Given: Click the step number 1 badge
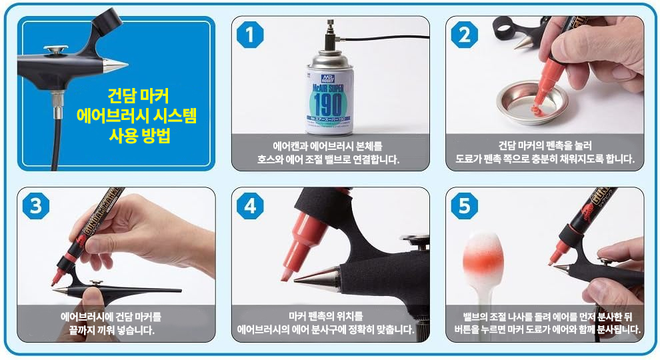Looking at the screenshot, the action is click(x=250, y=35).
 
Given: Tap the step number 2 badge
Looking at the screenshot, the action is click(x=464, y=35).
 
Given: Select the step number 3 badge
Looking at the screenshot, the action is click(x=36, y=206).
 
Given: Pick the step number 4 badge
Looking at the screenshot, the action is click(x=250, y=206).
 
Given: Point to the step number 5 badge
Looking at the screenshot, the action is click(x=464, y=206).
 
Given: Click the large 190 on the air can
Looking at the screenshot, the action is click(x=328, y=103).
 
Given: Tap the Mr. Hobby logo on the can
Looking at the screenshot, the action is click(x=327, y=78).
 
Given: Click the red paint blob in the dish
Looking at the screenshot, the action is click(x=536, y=110).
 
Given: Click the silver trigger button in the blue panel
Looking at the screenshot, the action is click(x=56, y=49).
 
